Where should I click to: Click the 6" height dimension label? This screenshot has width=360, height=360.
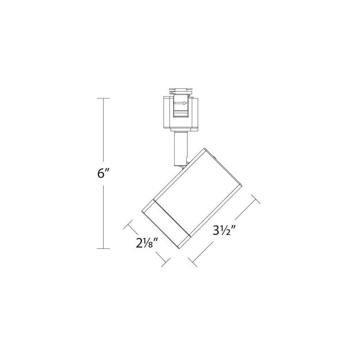102,174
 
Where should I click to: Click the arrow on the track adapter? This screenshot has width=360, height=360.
181,103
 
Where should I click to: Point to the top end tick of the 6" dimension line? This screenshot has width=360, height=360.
103,98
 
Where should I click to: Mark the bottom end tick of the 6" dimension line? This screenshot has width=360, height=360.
103,248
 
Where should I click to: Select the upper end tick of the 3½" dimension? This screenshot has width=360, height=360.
256,199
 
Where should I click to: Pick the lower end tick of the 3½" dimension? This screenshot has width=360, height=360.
192,262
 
